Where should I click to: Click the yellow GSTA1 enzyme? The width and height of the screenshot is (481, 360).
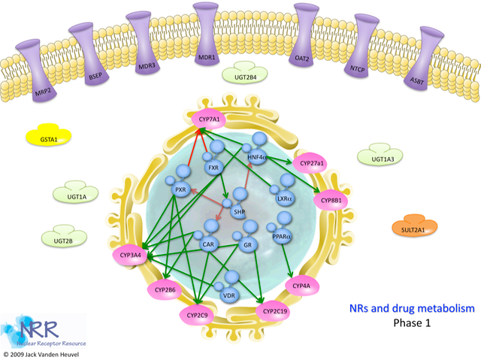tap(49, 138)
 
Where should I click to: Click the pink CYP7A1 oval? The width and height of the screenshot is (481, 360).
tap(208, 117)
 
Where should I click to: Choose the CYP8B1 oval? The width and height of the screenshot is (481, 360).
tap(331, 201)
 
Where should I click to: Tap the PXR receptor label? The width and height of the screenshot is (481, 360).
tap(180, 190)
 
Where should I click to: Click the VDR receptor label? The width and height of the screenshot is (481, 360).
tap(228, 295)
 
